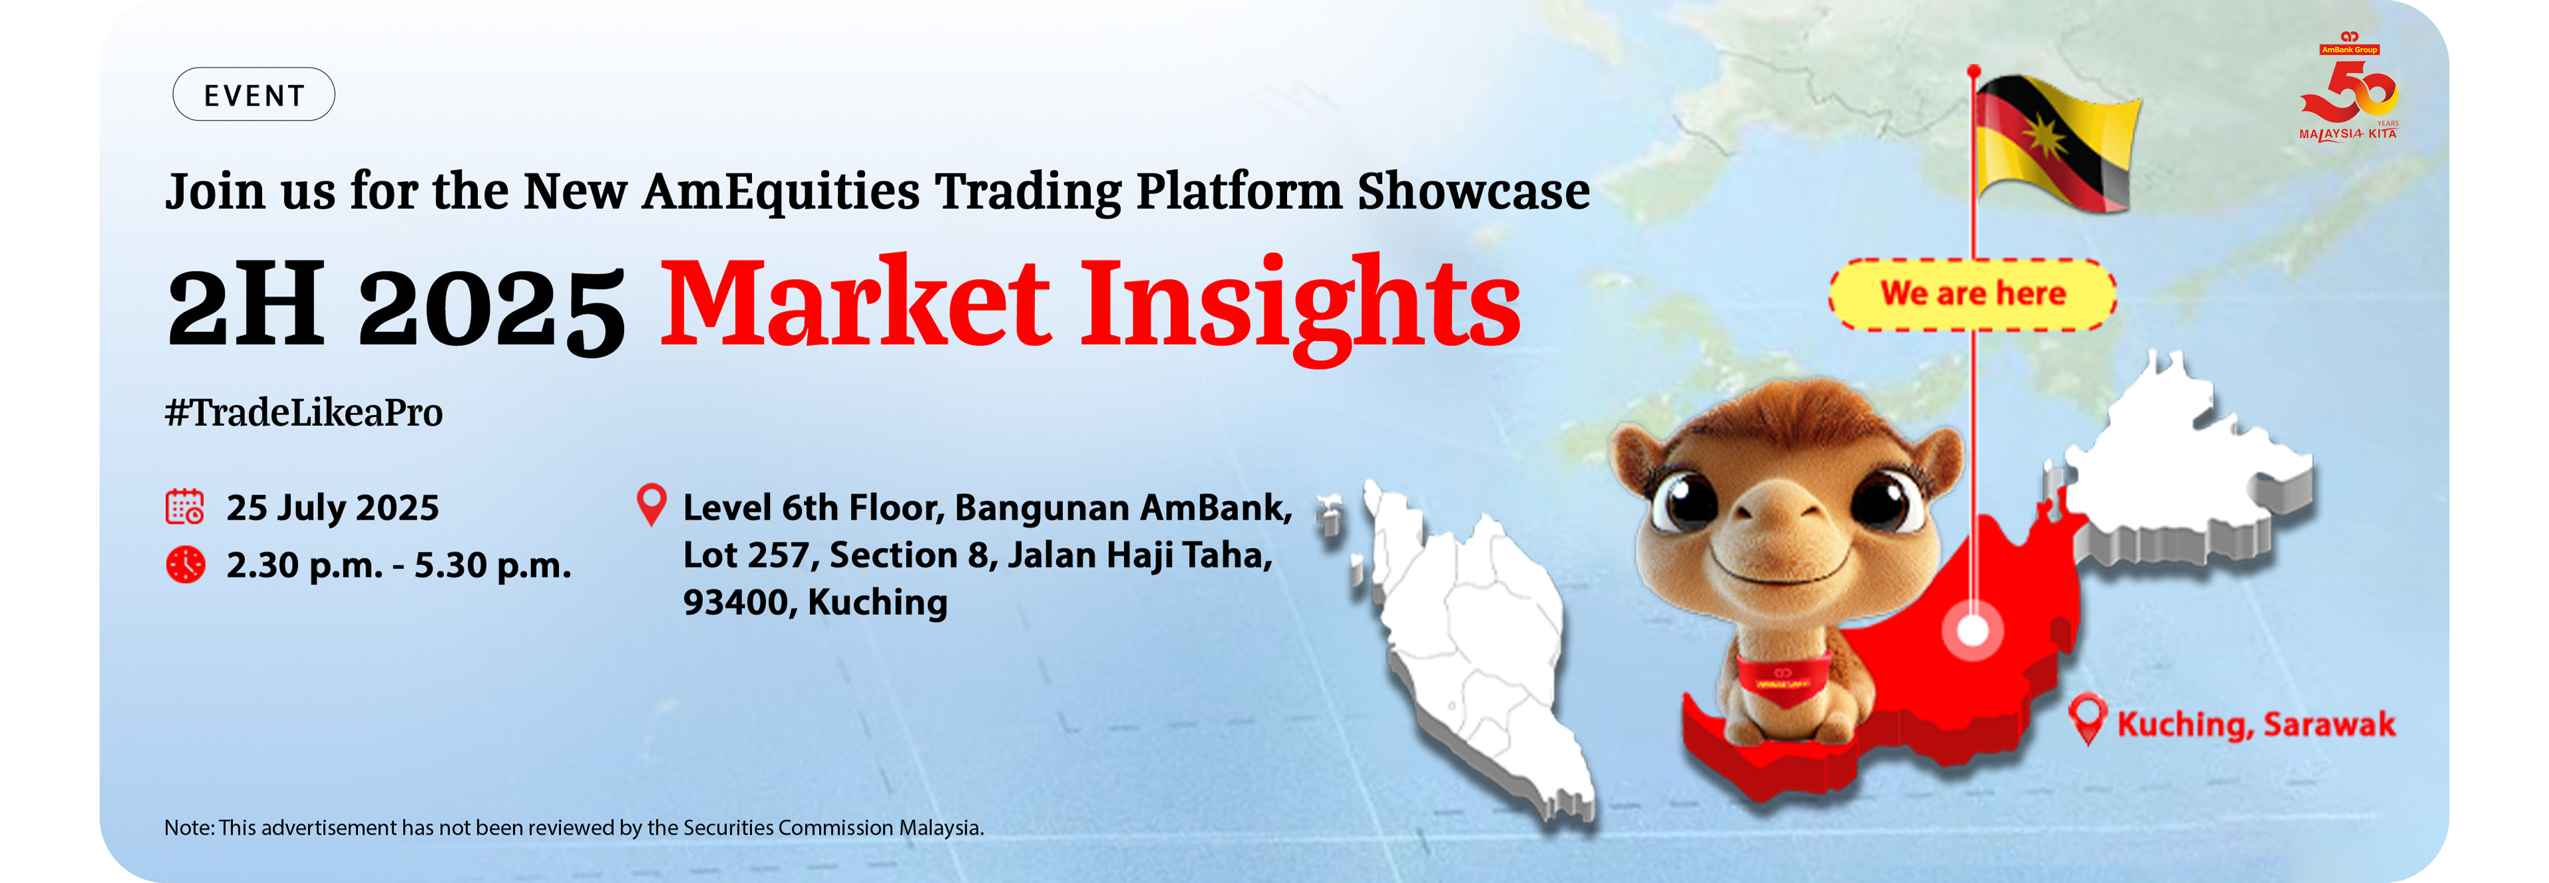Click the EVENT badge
click(254, 95)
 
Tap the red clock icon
click(185, 564)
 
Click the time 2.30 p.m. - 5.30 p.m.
click(399, 565)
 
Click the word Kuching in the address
click(878, 603)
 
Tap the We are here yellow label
click(1972, 294)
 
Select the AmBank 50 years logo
click(2350, 87)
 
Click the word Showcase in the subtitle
click(1474, 191)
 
